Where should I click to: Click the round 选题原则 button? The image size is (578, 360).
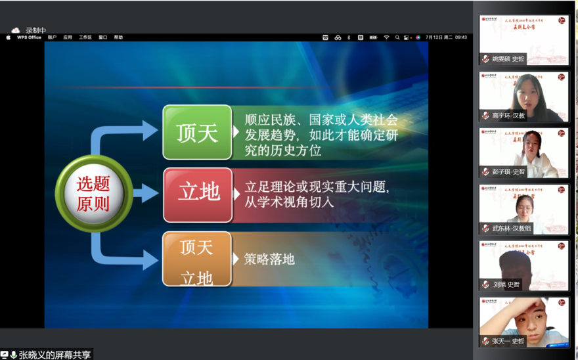pos(93,194)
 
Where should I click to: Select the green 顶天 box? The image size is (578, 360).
pos(197,132)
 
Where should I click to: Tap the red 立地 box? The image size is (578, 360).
pos(198,194)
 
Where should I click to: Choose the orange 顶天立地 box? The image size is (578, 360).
pos(197,259)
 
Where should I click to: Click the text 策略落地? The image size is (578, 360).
pos(269,259)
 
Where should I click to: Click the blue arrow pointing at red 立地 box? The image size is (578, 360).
pos(146,193)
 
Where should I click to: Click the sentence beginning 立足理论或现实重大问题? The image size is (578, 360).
pos(317,187)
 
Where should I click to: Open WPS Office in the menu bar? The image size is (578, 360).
pos(29,37)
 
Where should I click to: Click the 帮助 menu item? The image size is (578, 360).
pos(118,37)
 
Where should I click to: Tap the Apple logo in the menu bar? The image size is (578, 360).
pos(9,37)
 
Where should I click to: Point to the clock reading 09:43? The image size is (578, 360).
pos(460,37)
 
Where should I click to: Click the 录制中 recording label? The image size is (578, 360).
pos(35,30)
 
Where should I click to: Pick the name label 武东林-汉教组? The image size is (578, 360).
pos(511,229)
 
